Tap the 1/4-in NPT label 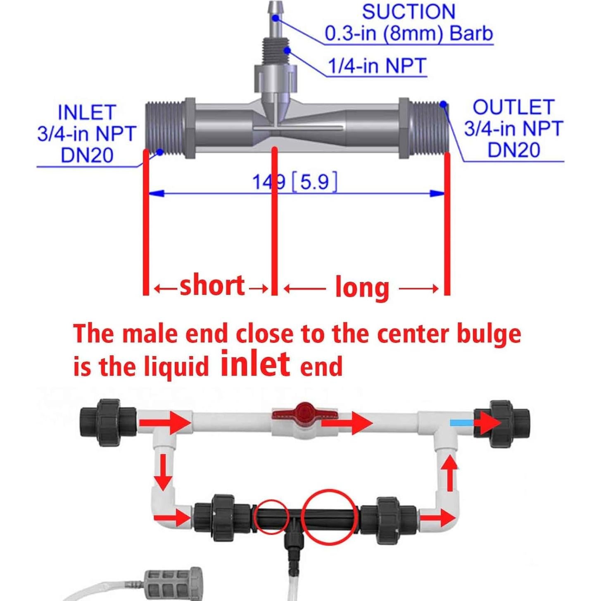click(376, 66)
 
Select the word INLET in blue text click(87, 113)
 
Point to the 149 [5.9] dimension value click(295, 182)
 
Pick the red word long click(362, 287)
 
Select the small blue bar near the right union click(461, 423)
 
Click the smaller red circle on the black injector click(271, 516)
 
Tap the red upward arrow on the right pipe click(450, 473)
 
